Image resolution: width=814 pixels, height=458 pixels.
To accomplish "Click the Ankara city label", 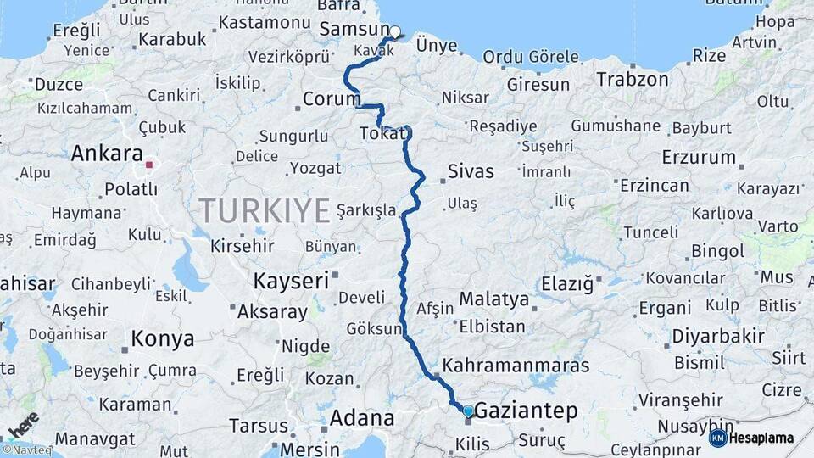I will point(106,154).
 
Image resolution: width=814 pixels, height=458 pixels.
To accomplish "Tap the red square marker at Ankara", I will point(150,165).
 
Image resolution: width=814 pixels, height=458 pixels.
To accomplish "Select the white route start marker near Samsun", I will point(394,32).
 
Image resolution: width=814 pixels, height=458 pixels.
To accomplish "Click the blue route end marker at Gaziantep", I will point(467,411).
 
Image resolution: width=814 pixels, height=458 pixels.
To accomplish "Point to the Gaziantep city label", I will point(526,411).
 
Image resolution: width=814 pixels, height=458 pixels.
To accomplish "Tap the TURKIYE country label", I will point(264,209).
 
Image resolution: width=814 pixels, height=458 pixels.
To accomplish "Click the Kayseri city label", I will point(291,281).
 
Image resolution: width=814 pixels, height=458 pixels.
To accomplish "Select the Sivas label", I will point(470,172).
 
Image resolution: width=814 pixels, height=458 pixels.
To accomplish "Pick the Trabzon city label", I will point(633,79).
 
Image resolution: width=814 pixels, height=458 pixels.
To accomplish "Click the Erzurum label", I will point(699,157).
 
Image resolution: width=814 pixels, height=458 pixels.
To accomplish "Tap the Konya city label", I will point(162,339).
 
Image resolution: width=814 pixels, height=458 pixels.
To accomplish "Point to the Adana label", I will point(362,418).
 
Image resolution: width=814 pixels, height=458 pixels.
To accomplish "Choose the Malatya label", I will point(493,299).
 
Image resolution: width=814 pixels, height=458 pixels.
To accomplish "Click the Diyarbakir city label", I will point(718,336).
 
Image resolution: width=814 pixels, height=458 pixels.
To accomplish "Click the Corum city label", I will point(332,99).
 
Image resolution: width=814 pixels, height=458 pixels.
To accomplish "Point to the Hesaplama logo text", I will point(763,438).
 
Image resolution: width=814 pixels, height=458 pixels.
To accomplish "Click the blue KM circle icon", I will point(717,438).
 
